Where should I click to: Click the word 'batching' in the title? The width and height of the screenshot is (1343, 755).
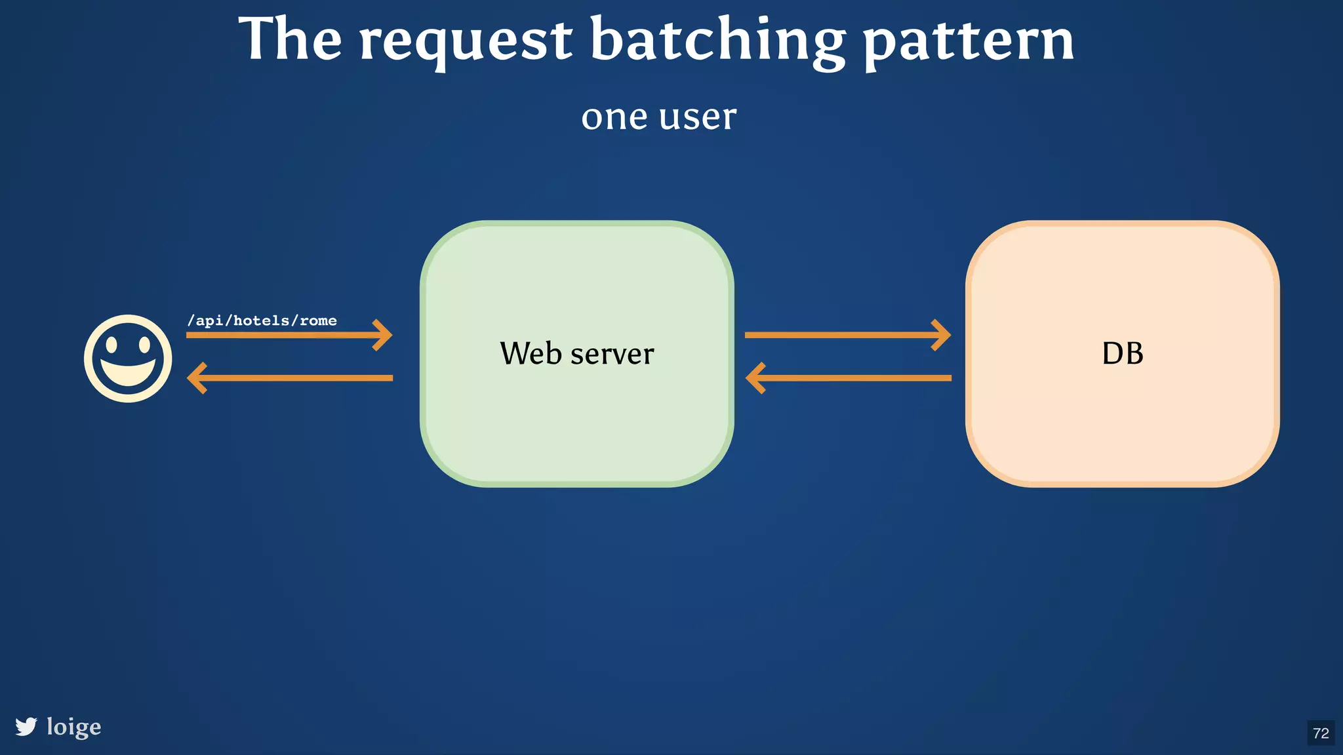pos(718,41)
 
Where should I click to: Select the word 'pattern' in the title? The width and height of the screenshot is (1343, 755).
pos(969,41)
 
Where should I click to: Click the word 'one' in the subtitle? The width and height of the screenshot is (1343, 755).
pos(614,118)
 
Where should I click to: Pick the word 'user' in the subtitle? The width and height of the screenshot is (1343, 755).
pos(698,118)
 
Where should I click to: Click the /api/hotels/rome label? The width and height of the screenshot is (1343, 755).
pos(262,320)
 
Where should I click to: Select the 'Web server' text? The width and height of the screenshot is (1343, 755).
pos(576,354)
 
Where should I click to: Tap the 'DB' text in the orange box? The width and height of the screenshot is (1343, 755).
pos(1122,354)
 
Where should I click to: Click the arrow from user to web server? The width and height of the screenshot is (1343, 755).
pos(289,335)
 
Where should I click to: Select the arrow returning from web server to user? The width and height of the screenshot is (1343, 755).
pos(289,378)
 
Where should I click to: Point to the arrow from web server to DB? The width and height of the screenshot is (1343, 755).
pos(846,335)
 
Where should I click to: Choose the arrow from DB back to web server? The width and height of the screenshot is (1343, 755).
pos(846,378)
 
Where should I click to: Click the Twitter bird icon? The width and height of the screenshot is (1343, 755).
pos(26,727)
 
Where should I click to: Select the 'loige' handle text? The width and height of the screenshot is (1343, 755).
pos(74,727)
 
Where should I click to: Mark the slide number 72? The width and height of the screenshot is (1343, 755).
pos(1321,733)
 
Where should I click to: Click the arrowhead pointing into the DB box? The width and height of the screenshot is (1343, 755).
pos(943,335)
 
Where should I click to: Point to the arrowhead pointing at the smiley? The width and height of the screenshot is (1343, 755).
pos(196,378)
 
